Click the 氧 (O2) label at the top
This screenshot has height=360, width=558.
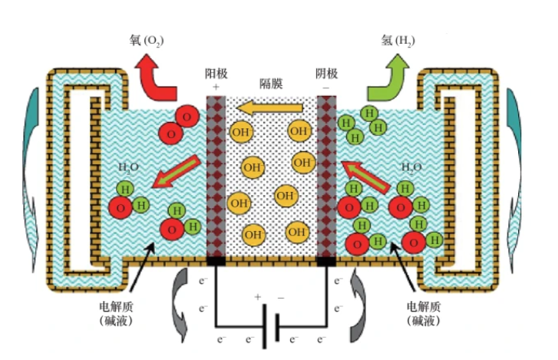(x=145, y=40)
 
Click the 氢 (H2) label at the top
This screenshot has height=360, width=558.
(x=397, y=40)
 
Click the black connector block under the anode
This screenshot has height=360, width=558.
(x=216, y=262)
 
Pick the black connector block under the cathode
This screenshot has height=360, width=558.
(x=326, y=262)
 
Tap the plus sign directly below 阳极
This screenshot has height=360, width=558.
(x=216, y=88)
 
